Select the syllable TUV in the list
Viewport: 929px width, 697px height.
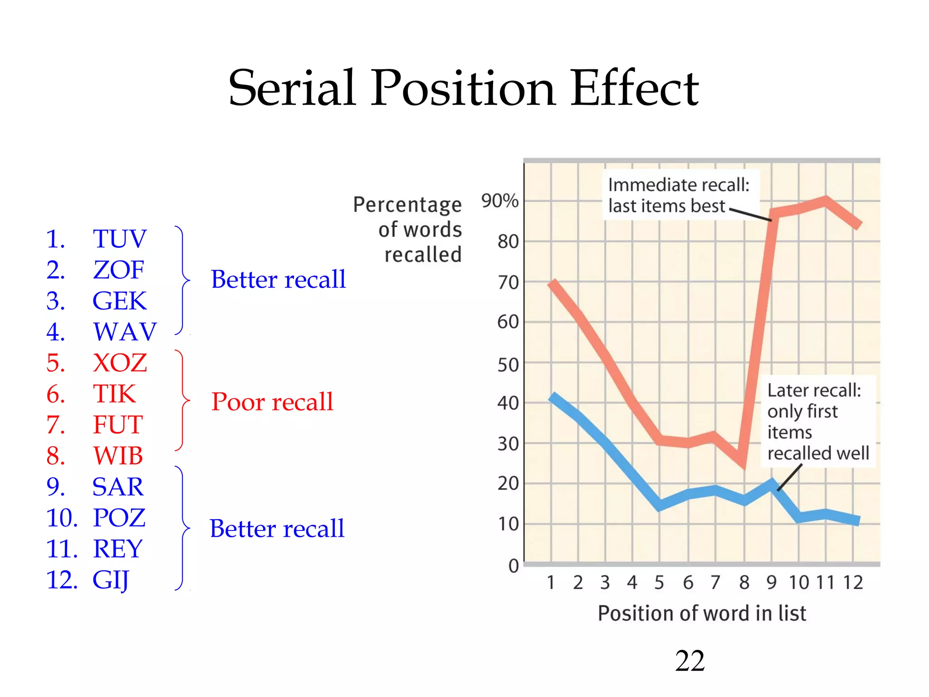click(120, 239)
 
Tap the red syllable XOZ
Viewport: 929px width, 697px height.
click(120, 363)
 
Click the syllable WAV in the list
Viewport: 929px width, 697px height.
click(125, 332)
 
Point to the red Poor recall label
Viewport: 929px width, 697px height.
click(272, 402)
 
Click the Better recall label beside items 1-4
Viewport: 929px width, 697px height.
click(278, 279)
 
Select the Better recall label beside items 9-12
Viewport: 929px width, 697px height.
click(277, 529)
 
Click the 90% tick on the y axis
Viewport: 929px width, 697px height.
click(500, 201)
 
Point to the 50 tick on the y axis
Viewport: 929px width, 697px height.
click(508, 364)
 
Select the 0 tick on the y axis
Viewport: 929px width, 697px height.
click(513, 566)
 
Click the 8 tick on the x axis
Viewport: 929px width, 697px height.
click(744, 583)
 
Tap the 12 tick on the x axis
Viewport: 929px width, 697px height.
click(853, 583)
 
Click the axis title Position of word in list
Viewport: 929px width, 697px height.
click(702, 614)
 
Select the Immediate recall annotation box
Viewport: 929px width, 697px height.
click(679, 195)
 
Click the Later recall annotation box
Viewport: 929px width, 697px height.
click(818, 421)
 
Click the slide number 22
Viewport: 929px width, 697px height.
click(689, 661)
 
